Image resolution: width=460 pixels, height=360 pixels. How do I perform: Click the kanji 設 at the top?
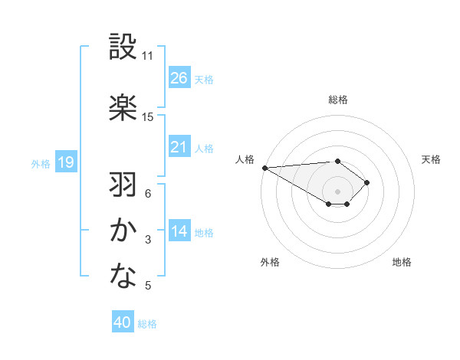tap(123, 47)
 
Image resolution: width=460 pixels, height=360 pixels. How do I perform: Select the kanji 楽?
tap(123, 106)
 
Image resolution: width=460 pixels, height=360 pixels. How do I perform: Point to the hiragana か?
tap(123, 231)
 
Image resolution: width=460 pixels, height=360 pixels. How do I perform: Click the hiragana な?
tap(123, 277)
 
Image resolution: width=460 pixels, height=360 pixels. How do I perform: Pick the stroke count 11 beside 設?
tap(148, 56)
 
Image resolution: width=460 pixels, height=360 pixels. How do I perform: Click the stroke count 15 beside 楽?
tap(148, 116)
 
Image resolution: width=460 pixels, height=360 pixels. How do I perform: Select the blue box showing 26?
tap(179, 77)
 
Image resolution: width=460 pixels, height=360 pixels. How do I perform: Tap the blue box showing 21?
tap(179, 146)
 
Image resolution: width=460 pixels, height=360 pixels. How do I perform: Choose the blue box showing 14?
tap(179, 231)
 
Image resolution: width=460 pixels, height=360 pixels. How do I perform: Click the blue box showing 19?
tap(65, 162)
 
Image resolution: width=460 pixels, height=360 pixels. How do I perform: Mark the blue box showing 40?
tap(123, 322)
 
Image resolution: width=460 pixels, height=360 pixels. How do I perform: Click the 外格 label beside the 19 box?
tap(41, 163)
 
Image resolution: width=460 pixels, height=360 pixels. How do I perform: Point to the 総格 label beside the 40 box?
tap(147, 324)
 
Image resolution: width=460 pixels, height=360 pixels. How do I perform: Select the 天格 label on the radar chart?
tap(431, 159)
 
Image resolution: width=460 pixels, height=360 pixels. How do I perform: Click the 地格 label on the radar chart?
tap(402, 262)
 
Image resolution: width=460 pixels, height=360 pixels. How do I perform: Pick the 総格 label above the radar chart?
tap(338, 100)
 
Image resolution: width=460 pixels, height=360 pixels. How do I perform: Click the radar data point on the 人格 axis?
tap(264, 168)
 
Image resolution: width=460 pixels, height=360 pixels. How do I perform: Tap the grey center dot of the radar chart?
tap(337, 191)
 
